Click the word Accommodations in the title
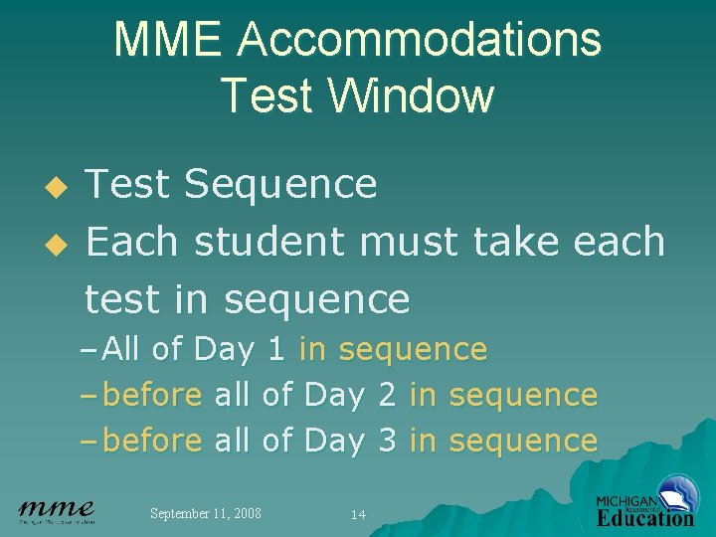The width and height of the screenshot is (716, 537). pyautogui.click(x=419, y=41)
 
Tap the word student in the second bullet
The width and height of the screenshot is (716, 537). pyautogui.click(x=273, y=242)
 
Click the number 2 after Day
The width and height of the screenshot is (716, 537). pyautogui.click(x=387, y=395)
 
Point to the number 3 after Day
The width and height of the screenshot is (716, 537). pyautogui.click(x=387, y=441)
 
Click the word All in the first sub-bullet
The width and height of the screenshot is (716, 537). pyautogui.click(x=121, y=350)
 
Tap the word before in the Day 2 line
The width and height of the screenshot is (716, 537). pyautogui.click(x=153, y=395)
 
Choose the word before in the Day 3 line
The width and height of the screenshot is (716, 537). pyautogui.click(x=153, y=441)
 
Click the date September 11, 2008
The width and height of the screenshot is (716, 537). pyautogui.click(x=205, y=513)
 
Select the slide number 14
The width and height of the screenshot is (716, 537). pyautogui.click(x=358, y=514)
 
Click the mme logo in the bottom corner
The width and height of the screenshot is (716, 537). pyautogui.click(x=57, y=511)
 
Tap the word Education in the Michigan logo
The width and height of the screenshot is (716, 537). pyautogui.click(x=645, y=517)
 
